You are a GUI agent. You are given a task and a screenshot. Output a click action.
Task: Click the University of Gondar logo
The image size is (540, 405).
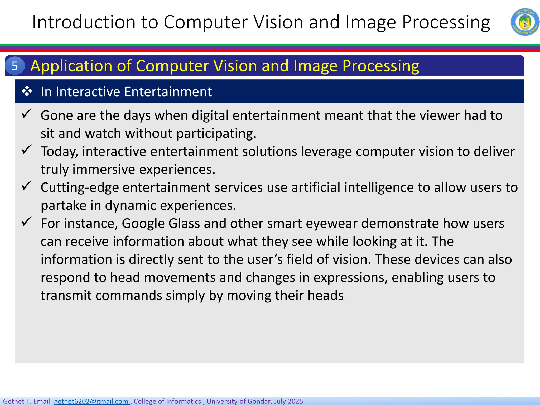click(525, 22)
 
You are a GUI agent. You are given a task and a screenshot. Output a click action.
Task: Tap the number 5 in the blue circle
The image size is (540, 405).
click(15, 66)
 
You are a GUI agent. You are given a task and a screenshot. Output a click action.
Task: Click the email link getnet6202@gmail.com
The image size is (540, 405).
click(91, 401)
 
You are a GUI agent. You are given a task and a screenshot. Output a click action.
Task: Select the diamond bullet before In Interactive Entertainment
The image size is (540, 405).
click(27, 91)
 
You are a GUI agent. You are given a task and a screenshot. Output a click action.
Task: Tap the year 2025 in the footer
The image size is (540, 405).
click(295, 401)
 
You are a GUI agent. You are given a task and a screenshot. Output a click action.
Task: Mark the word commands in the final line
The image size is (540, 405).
click(129, 295)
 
